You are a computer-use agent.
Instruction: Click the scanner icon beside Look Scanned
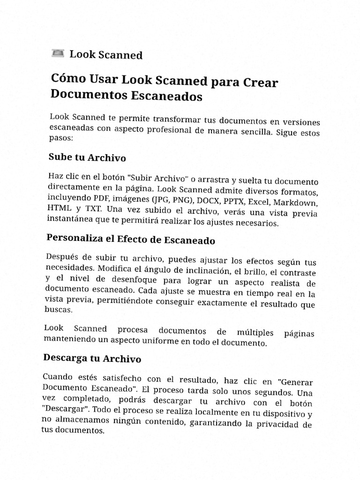pos(58,53)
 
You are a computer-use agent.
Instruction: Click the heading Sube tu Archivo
pos(87,157)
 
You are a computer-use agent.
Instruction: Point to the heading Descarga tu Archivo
pos(92,359)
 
